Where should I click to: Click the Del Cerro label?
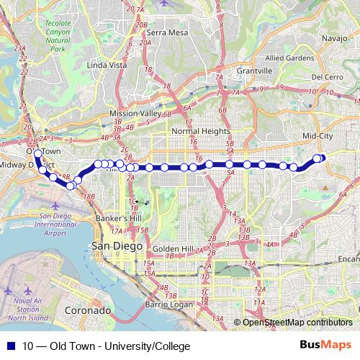(327, 77)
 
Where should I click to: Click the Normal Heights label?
(201, 132)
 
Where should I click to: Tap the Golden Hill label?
(173, 248)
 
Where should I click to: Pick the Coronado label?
(88, 310)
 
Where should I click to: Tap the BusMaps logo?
(325, 346)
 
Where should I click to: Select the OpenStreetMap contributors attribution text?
(297, 323)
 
